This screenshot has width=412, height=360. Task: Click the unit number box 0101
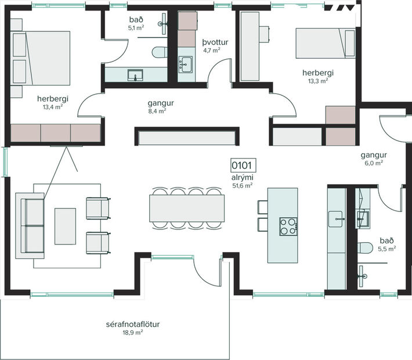click(242, 165)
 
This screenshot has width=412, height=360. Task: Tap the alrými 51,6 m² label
click(242, 181)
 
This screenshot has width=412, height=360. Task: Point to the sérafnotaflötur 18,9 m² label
click(133, 328)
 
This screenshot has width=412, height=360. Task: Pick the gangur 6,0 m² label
click(374, 159)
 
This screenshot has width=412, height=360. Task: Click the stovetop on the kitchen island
click(288, 225)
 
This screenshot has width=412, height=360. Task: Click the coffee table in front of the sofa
click(65, 226)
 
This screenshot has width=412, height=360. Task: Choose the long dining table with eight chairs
click(187, 208)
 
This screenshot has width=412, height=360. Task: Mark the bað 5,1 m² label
click(136, 23)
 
